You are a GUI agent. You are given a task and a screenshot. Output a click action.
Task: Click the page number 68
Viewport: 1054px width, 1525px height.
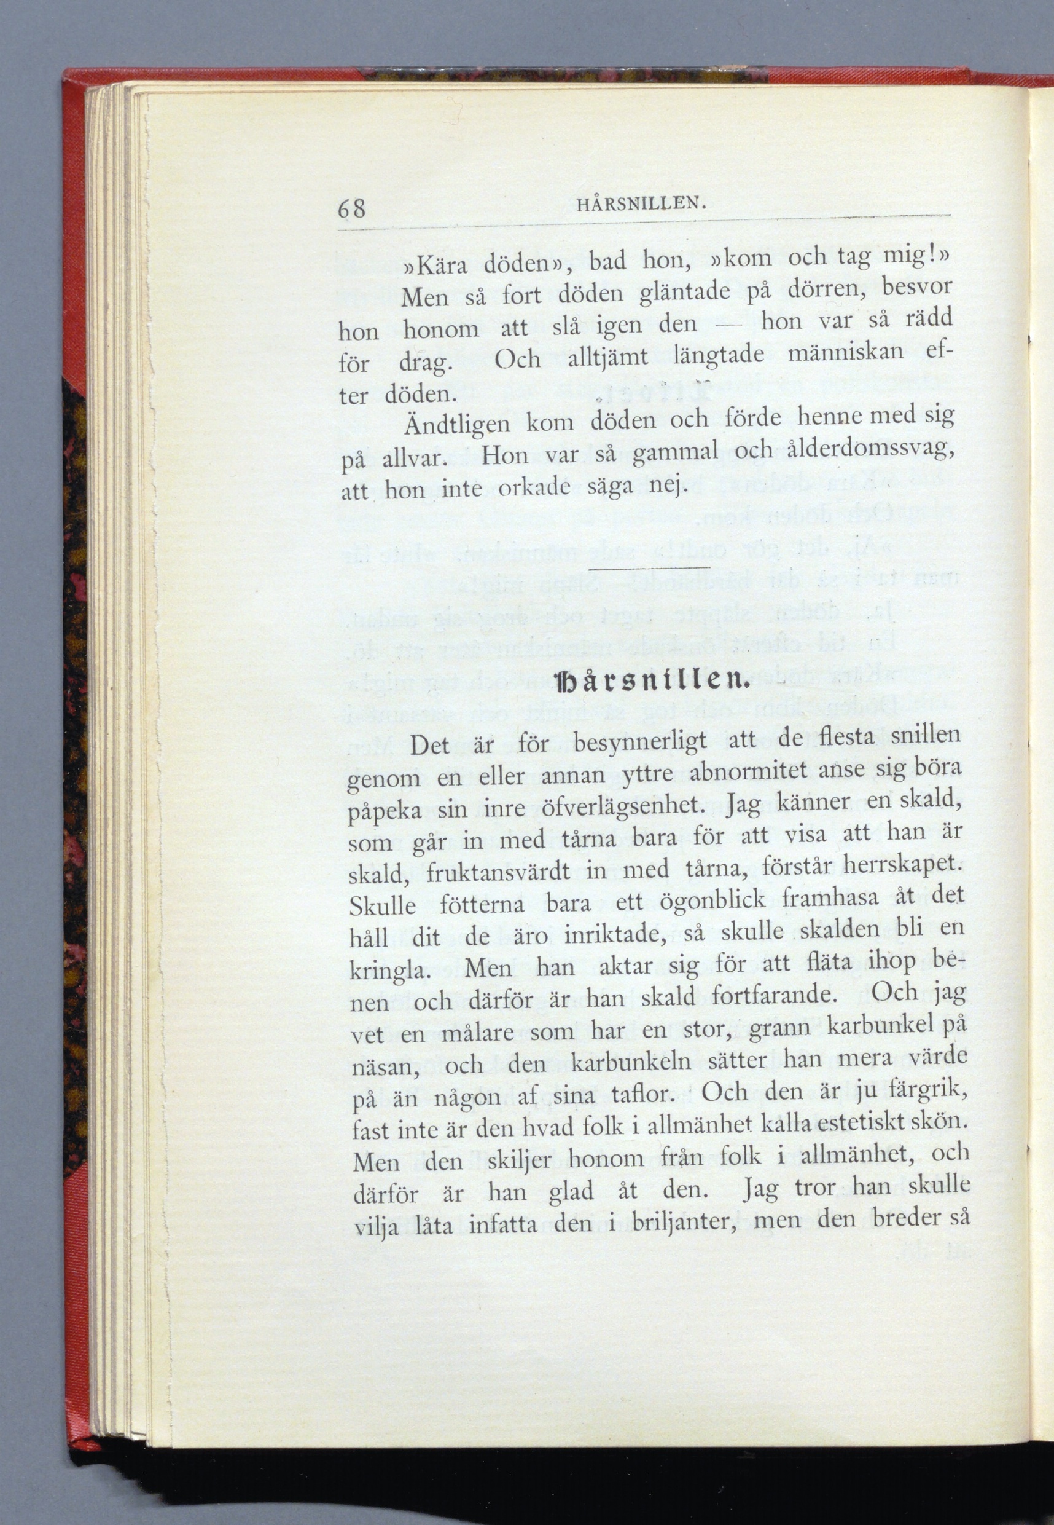(351, 209)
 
